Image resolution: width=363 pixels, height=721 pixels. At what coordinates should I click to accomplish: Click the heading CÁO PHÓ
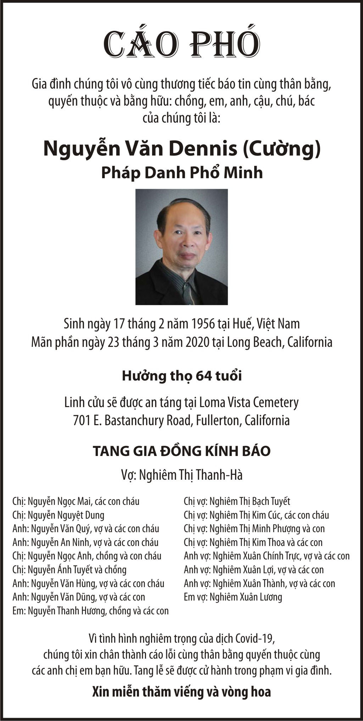pyautogui.click(x=181, y=45)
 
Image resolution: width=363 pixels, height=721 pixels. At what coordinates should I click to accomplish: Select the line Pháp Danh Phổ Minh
pyautogui.click(x=182, y=173)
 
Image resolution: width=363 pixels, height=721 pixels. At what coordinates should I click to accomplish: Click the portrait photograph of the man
pyautogui.click(x=181, y=247)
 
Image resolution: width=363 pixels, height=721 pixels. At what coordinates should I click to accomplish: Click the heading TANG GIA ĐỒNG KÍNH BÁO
pyautogui.click(x=181, y=451)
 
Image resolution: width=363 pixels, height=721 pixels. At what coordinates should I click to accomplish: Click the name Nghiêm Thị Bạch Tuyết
pyautogui.click(x=250, y=501)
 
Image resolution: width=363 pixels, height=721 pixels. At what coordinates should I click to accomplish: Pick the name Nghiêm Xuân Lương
pyautogui.click(x=246, y=597)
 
